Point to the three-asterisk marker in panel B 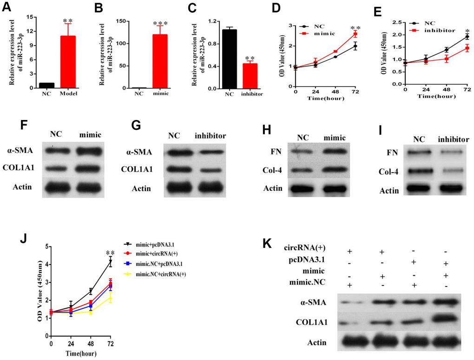point(160,23)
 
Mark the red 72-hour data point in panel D point(355,34)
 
